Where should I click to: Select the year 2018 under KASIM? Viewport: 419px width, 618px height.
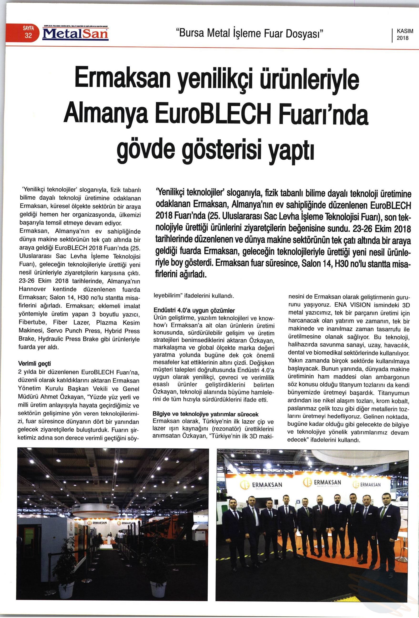(x=403, y=38)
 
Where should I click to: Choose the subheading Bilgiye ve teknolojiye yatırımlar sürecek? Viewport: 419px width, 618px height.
(x=205, y=414)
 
